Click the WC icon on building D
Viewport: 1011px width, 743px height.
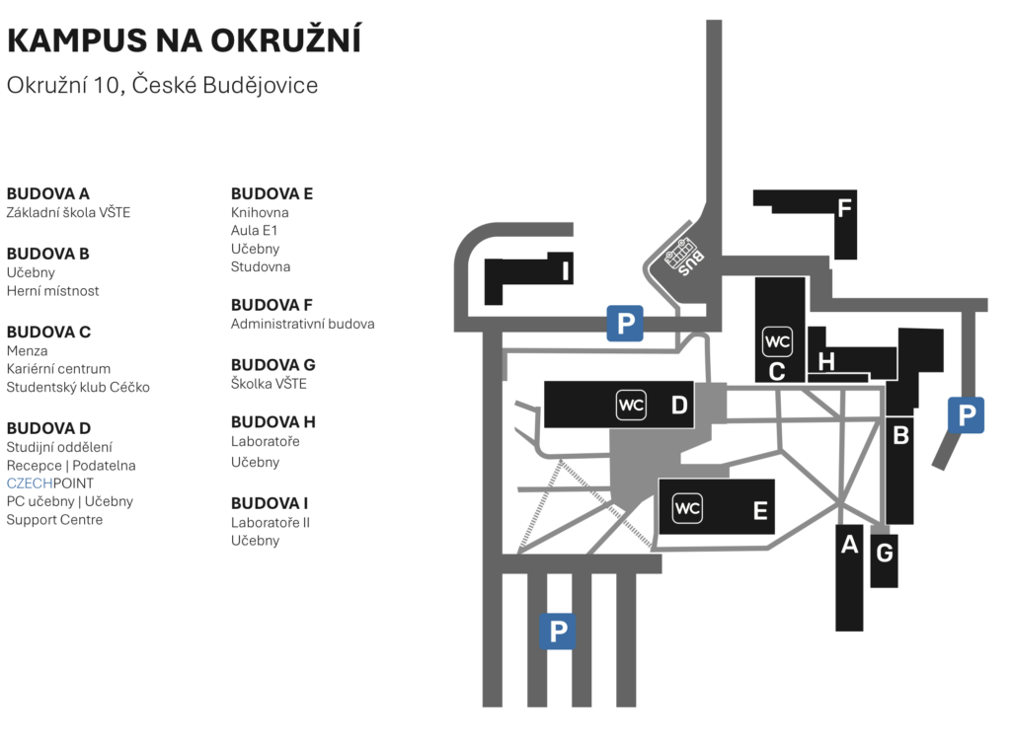tap(631, 406)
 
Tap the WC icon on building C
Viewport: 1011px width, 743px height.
tap(777, 341)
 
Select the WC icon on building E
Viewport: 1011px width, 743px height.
tap(687, 508)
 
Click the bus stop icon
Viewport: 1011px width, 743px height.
tap(684, 256)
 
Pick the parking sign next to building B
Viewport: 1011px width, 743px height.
tap(966, 415)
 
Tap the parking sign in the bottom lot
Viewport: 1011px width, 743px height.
tap(558, 631)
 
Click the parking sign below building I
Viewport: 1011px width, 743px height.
tap(625, 323)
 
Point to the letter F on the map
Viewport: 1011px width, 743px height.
tap(844, 207)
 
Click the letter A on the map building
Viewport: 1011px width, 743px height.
tap(849, 545)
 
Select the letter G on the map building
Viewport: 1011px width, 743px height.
tap(884, 553)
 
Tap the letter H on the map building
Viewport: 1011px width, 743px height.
tap(826, 361)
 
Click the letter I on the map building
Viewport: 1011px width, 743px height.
tap(566, 271)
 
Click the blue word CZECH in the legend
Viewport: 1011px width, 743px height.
tap(29, 483)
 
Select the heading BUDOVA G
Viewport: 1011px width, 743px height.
tap(272, 365)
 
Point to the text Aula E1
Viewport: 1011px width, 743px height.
tap(254, 230)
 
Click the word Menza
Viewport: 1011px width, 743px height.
tap(27, 350)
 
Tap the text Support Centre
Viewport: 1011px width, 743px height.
tap(54, 519)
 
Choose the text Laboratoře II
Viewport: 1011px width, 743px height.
tap(271, 522)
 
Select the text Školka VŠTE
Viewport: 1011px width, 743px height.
tap(269, 383)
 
